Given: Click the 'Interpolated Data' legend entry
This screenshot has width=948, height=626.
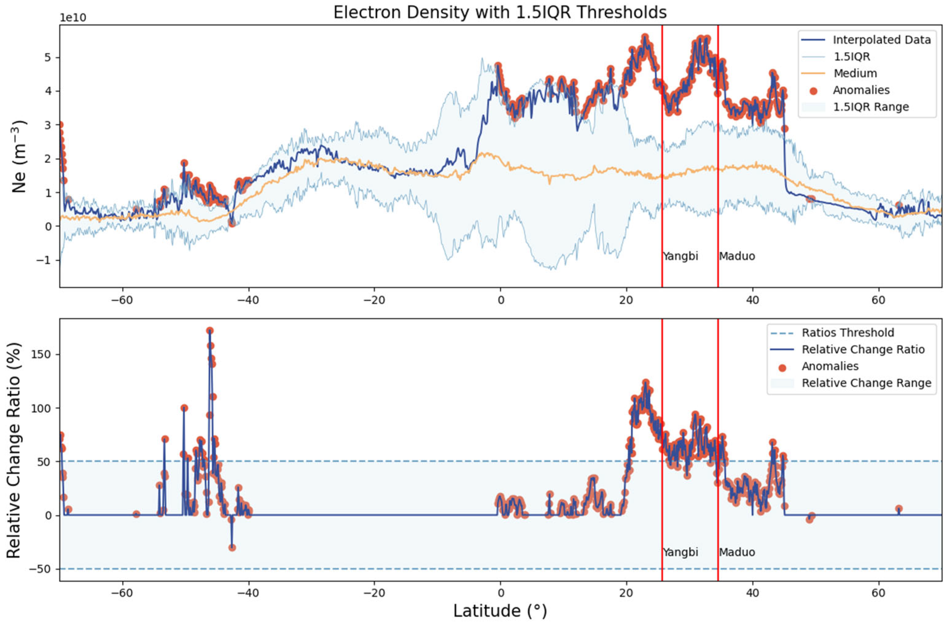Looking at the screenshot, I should tap(881, 40).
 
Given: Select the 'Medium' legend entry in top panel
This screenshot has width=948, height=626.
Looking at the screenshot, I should tap(855, 73).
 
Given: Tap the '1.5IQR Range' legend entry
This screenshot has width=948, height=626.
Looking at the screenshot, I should tap(871, 107).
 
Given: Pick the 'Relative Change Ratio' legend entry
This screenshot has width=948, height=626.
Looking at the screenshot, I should tap(863, 349).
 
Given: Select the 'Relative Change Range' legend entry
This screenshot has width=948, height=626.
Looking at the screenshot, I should tap(866, 383).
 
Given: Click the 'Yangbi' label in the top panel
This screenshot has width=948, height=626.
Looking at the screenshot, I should tap(680, 256).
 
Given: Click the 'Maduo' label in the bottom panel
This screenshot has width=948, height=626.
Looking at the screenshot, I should tap(737, 552).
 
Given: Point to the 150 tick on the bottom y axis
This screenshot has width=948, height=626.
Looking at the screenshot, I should tap(43, 354).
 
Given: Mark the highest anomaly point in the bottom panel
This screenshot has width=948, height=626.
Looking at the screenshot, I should tap(210, 330).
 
